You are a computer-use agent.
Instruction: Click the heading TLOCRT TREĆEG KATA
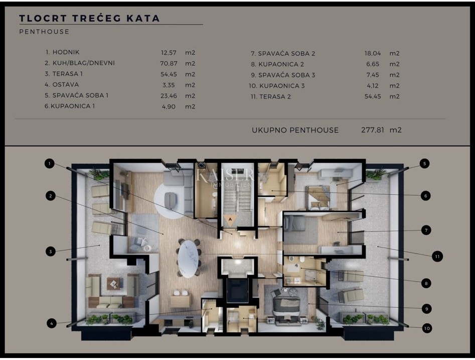(89, 19)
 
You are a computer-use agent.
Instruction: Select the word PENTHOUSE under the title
(44, 32)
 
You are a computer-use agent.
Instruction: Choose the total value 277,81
(372, 130)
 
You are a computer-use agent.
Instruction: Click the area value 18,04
(372, 53)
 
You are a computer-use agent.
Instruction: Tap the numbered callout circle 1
(49, 163)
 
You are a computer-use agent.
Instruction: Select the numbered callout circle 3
(50, 252)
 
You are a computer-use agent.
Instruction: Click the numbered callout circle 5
(424, 163)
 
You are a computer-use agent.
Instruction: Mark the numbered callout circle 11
(437, 256)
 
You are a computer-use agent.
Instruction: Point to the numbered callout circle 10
(426, 328)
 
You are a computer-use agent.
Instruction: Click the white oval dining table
(188, 259)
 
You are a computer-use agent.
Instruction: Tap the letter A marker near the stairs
(230, 219)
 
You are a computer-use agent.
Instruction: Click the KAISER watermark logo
(225, 176)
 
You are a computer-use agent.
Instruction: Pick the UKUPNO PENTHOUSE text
(295, 130)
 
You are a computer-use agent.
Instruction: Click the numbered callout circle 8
(426, 284)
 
